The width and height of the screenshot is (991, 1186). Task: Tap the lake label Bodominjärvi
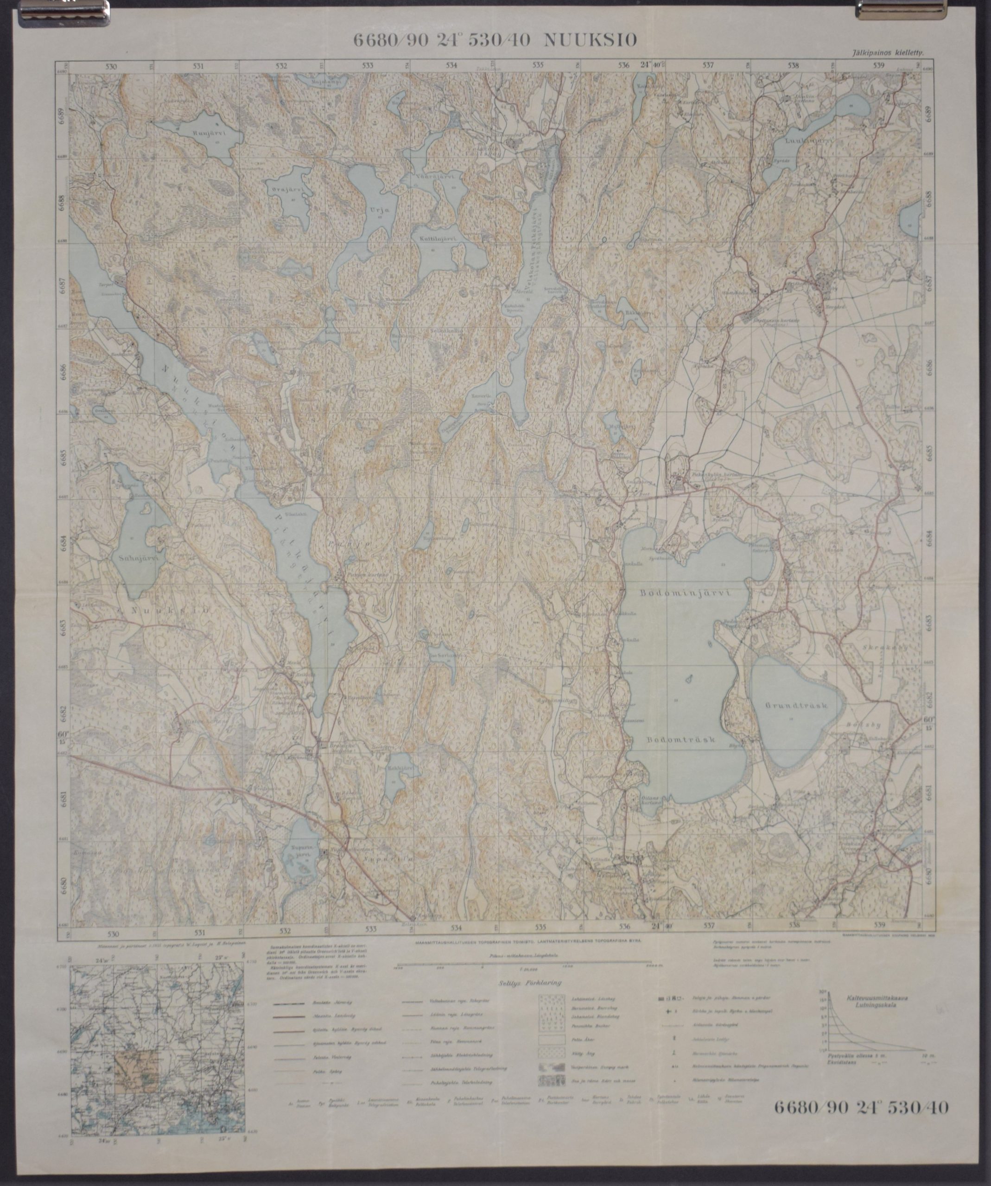(x=686, y=593)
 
